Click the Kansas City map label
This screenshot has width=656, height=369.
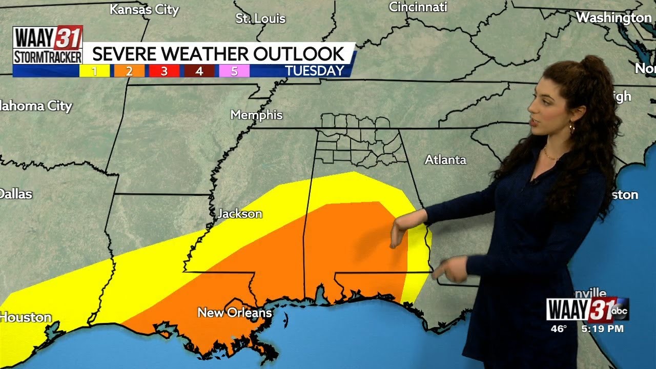click(145, 10)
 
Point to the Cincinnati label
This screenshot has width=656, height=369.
click(418, 7)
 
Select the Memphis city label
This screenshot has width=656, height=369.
click(256, 115)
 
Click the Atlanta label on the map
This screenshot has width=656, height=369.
click(445, 160)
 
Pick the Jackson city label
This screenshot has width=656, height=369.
click(240, 214)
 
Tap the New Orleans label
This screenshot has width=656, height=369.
click(235, 312)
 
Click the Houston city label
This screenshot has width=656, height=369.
click(26, 317)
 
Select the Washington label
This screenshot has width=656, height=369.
click(613, 17)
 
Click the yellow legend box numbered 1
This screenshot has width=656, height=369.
click(94, 71)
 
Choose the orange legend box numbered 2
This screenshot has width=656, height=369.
click(129, 71)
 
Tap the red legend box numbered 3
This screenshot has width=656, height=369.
click(164, 71)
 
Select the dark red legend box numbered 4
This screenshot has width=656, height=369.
click(199, 71)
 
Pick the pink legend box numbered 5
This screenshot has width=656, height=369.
click(234, 71)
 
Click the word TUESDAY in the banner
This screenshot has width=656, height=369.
click(314, 71)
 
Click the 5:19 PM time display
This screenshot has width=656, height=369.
click(602, 329)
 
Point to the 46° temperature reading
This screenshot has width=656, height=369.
click(559, 329)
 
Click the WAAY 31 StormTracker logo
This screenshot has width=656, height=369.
click(48, 45)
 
